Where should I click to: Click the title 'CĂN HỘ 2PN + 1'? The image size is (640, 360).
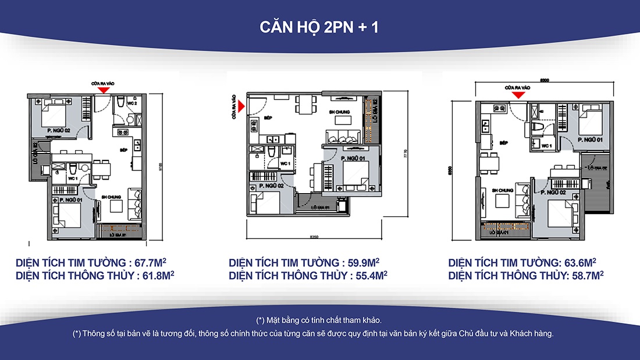(319, 27)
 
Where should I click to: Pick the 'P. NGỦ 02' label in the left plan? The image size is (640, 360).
(59, 130)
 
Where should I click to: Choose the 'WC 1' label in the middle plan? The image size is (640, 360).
(285, 163)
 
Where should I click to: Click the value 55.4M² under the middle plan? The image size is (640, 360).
(371, 275)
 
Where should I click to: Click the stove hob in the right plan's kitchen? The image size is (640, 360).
(499, 108)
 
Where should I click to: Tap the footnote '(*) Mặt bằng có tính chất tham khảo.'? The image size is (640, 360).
(319, 320)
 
